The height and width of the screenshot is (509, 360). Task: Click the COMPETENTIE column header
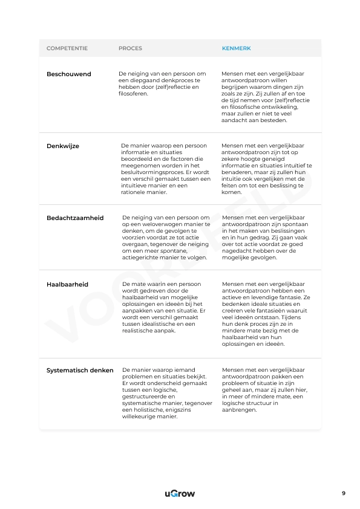[67, 48]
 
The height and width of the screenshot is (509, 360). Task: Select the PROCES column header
[130, 48]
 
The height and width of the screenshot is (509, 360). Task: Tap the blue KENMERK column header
[237, 48]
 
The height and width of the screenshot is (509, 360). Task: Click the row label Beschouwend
[69, 74]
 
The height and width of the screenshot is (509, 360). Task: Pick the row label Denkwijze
[63, 146]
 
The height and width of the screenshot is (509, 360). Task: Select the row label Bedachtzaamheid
[75, 218]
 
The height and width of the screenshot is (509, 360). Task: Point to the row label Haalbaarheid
[67, 284]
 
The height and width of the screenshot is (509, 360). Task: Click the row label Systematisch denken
[80, 370]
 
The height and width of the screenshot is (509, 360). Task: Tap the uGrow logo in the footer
[180, 494]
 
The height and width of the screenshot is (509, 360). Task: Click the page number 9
[344, 493]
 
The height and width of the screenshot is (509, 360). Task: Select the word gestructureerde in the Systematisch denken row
[143, 397]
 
